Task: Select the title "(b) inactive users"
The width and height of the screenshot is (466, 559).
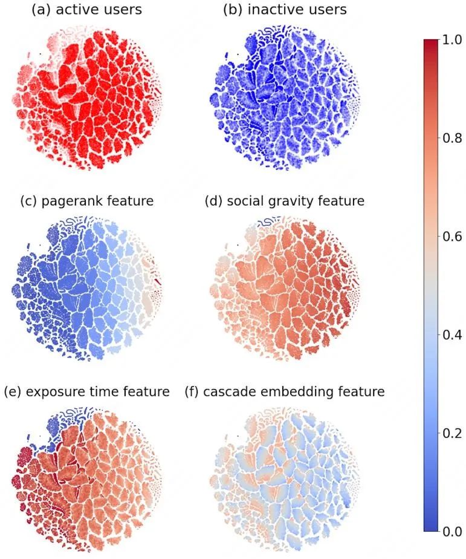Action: click(x=285, y=10)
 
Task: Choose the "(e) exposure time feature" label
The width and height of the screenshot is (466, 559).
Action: click(x=86, y=392)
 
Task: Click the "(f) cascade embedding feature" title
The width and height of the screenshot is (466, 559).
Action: click(x=285, y=392)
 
